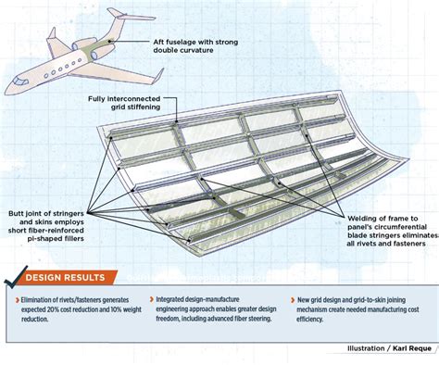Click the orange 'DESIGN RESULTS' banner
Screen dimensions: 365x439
click(x=70, y=277)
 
